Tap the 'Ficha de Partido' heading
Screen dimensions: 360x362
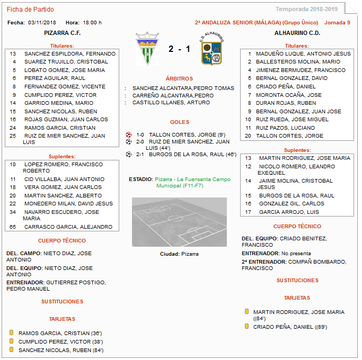[x=30, y=10]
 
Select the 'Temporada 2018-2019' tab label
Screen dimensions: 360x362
[x=306, y=9]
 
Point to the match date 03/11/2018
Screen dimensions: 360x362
[x=42, y=23]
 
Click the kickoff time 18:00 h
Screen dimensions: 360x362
[x=92, y=23]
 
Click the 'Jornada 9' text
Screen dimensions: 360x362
[x=337, y=23]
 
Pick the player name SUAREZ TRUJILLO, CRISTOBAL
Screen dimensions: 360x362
[x=66, y=62]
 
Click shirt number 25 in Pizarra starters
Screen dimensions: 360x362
[x=13, y=136]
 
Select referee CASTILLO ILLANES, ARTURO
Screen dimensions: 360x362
[x=171, y=103]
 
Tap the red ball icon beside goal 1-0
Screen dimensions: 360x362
[x=129, y=134]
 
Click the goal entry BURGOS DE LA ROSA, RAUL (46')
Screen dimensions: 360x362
[x=192, y=155]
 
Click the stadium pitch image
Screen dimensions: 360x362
[x=179, y=222]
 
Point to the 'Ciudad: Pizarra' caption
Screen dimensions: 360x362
[x=179, y=254]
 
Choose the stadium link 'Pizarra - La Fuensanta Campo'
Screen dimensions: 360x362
[x=192, y=179]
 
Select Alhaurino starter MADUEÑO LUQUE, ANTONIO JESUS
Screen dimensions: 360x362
[x=303, y=53]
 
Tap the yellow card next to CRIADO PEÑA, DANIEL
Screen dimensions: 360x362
[x=247, y=326]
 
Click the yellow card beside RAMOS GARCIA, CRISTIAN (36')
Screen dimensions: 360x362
[x=11, y=332]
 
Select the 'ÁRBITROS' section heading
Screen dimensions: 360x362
[x=180, y=78]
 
